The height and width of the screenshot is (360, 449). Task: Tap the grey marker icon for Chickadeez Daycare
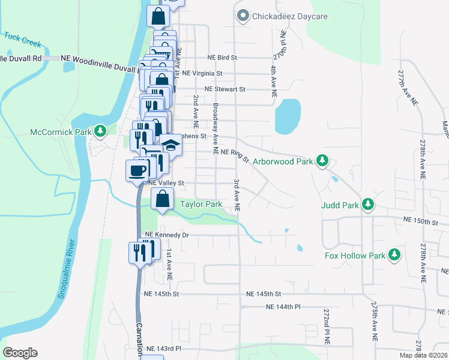coord(243,16)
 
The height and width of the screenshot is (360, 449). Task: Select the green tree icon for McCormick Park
coord(101,130)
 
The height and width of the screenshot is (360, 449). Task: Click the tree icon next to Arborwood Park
coord(323,161)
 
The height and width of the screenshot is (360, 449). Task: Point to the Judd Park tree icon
coord(367,205)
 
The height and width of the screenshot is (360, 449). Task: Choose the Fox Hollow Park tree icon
coord(394,255)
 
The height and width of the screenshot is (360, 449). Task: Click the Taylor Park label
coord(201,205)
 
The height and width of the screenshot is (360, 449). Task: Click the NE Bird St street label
coord(223,58)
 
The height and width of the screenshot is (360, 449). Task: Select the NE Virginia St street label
coord(202,73)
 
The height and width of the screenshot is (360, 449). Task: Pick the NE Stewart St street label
coord(225,89)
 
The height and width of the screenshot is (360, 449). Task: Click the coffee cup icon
coord(137,170)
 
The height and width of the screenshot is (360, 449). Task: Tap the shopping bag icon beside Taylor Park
coord(163,199)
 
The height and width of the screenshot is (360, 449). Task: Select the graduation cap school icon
coord(171,145)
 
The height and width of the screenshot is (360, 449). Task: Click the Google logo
coord(20,353)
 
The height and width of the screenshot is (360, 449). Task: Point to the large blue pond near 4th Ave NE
coord(287,116)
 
